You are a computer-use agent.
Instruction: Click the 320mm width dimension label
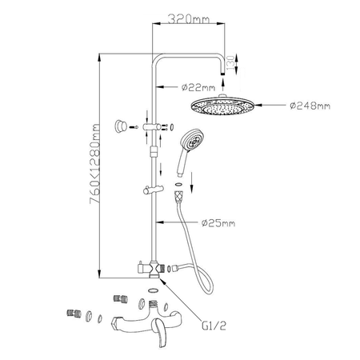pos(189,19)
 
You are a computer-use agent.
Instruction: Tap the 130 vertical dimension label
pos(231,63)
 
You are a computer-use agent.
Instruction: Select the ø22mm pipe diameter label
pos(198,87)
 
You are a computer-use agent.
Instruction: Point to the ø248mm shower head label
pos(310,106)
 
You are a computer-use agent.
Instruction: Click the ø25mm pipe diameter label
pos(218,223)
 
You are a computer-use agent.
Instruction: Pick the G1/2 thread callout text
pos(214,326)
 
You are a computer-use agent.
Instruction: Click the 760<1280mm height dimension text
pos(95,163)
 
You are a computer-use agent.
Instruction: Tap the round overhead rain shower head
pos(222,105)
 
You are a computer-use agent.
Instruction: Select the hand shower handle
pos(182,162)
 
